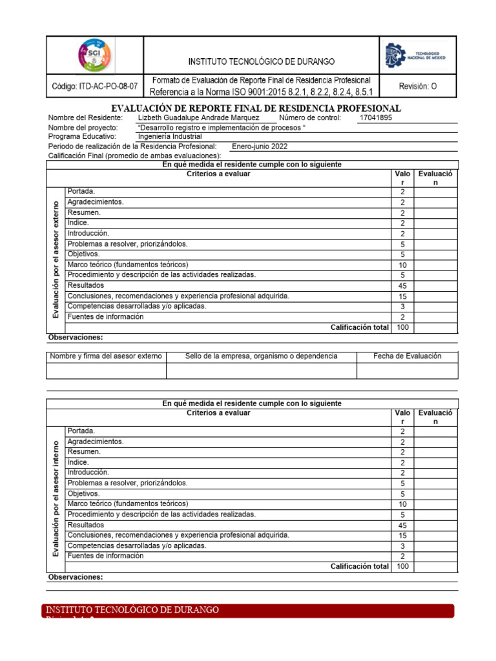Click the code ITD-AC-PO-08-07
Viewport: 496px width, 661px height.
(x=94, y=86)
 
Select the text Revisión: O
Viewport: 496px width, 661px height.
(x=418, y=86)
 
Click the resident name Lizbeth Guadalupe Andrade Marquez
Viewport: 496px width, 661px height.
(x=199, y=118)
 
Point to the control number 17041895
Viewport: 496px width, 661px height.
(x=375, y=118)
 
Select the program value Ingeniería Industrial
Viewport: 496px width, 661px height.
(x=170, y=137)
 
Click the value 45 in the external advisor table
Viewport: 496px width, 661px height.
(x=402, y=286)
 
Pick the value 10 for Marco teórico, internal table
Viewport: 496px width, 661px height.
(x=402, y=504)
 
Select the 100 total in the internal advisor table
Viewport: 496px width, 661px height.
(x=402, y=567)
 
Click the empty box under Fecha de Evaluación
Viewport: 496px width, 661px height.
(x=407, y=371)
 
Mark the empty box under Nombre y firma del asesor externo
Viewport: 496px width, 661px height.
(x=106, y=371)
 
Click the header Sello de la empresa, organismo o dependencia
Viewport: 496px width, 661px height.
(x=261, y=356)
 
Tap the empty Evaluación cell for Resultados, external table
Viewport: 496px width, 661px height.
(x=435, y=286)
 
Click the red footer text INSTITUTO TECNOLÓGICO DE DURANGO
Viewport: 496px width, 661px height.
(x=132, y=610)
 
